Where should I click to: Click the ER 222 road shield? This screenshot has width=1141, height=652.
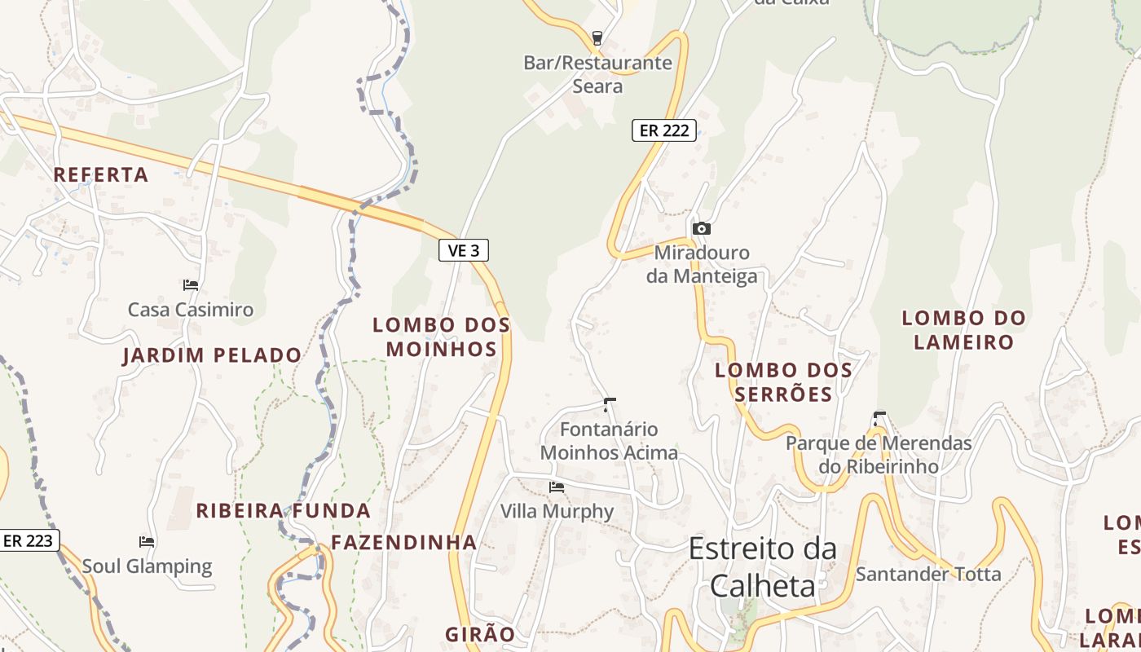664,130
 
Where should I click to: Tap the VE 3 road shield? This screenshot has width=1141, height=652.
464,250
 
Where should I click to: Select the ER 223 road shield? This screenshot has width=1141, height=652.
29,540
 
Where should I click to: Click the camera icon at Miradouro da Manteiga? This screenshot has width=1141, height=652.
701,229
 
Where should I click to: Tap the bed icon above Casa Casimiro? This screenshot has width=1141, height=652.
191,285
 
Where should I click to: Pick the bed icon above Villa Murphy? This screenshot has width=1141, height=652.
557,487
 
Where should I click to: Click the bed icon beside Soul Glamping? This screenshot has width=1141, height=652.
147,541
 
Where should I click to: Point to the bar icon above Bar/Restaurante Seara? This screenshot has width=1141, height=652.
597,37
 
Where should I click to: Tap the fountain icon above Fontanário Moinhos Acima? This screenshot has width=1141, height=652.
609,404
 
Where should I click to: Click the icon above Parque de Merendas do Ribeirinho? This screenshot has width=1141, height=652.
879,419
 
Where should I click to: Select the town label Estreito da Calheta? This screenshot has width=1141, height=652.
763,566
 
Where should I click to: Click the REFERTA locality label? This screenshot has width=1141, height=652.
101,174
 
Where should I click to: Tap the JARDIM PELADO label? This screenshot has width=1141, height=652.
212,355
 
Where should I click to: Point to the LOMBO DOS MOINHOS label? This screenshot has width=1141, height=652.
442,337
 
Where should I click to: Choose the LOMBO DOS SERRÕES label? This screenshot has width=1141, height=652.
783,381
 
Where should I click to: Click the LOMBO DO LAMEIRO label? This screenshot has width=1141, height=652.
963,329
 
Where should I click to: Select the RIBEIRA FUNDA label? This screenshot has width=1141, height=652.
284,511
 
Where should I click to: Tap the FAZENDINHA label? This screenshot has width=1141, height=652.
403,542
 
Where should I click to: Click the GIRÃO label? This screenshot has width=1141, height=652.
480,634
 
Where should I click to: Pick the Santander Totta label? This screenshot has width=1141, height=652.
928,574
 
